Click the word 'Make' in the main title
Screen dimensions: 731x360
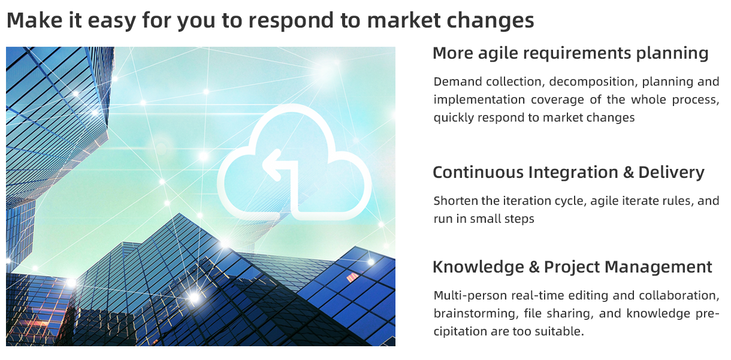[x=35, y=20]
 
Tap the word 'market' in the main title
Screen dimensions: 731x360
[x=404, y=20]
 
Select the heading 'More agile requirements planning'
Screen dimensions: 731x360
[x=570, y=53]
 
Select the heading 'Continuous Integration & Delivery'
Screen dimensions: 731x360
[x=569, y=173]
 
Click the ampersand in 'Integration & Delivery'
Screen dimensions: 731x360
[x=628, y=173]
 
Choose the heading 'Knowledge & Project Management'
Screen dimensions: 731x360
[x=572, y=267]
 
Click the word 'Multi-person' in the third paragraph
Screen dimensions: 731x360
[x=470, y=296]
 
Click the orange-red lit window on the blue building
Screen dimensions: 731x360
[x=352, y=277]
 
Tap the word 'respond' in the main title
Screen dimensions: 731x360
[x=291, y=20]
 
